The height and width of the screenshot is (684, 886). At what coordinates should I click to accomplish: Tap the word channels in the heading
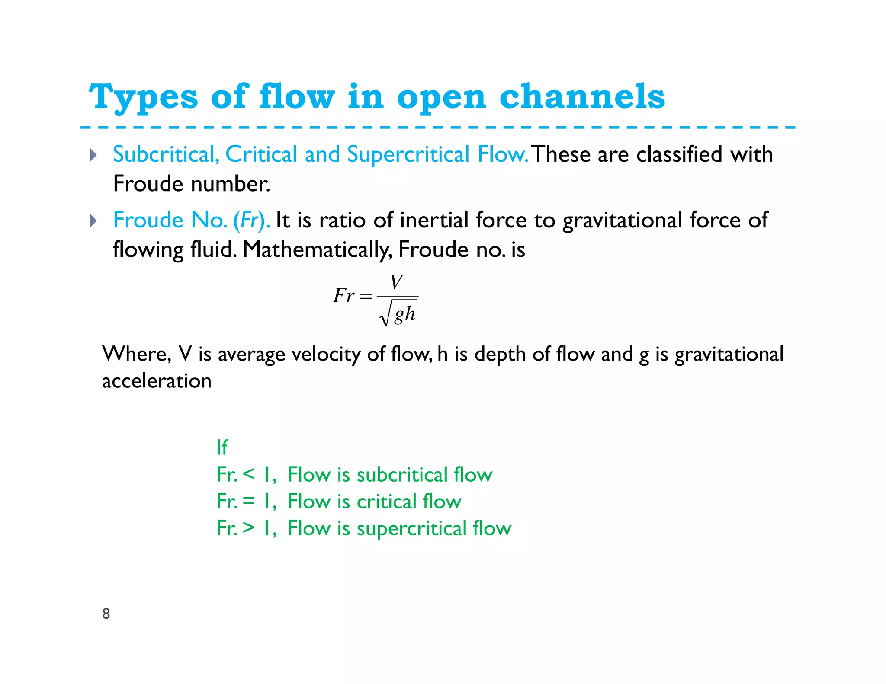(x=582, y=96)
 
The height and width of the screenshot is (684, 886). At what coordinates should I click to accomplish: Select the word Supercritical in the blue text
(x=408, y=154)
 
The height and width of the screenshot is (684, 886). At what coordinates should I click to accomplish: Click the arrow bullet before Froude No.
(x=93, y=221)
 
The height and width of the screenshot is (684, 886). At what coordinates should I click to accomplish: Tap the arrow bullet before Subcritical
(x=93, y=155)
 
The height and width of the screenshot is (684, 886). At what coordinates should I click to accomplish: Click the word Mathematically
(x=317, y=250)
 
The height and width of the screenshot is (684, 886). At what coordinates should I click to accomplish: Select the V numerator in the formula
(x=396, y=282)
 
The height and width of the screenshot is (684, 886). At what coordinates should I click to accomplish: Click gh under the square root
(x=404, y=314)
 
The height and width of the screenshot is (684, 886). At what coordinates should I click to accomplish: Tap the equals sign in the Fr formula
(x=366, y=297)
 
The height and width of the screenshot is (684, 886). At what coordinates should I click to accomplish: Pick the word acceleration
(x=157, y=381)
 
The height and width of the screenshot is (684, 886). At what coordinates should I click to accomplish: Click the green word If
(x=222, y=447)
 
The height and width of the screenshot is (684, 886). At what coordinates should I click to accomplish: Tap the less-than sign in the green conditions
(x=248, y=474)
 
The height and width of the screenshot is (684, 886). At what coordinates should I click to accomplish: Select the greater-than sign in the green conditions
(x=248, y=528)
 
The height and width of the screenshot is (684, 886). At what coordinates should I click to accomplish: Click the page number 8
(x=106, y=614)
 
